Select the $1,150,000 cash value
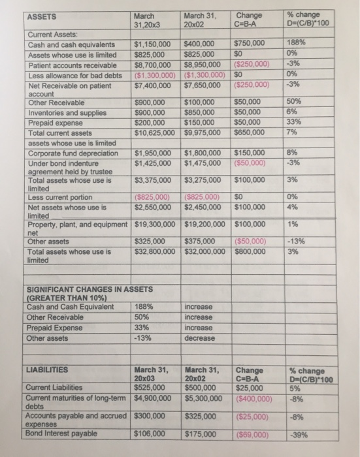[x=153, y=44]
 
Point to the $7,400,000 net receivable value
[x=153, y=86]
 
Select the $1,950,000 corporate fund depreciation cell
[x=153, y=153]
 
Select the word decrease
[x=200, y=338]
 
